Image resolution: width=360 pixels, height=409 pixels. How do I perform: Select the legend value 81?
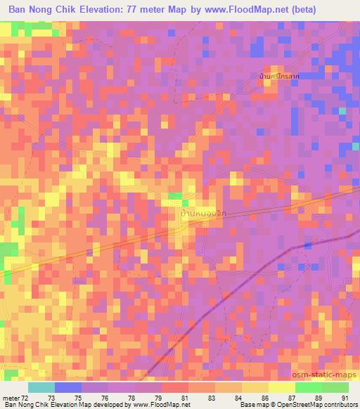pyautogui.click(x=186, y=398)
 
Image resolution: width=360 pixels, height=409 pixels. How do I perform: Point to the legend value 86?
pyautogui.click(x=266, y=398)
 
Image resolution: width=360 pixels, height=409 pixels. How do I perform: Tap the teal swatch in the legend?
pyautogui.click(x=41, y=387)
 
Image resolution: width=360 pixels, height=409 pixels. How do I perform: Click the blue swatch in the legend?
pyautogui.click(x=68, y=387)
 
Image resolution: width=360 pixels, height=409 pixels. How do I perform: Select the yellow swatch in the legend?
pyautogui.click(x=281, y=387)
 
